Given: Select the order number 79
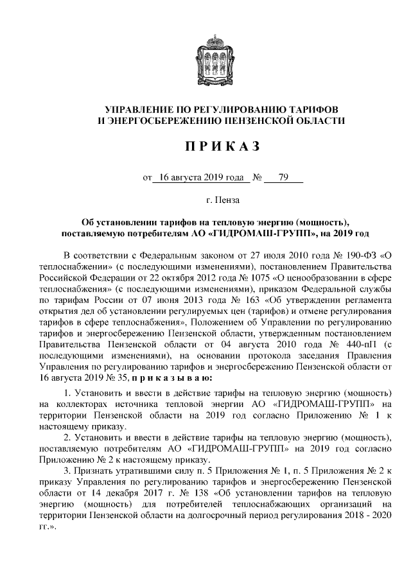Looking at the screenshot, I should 283,177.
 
